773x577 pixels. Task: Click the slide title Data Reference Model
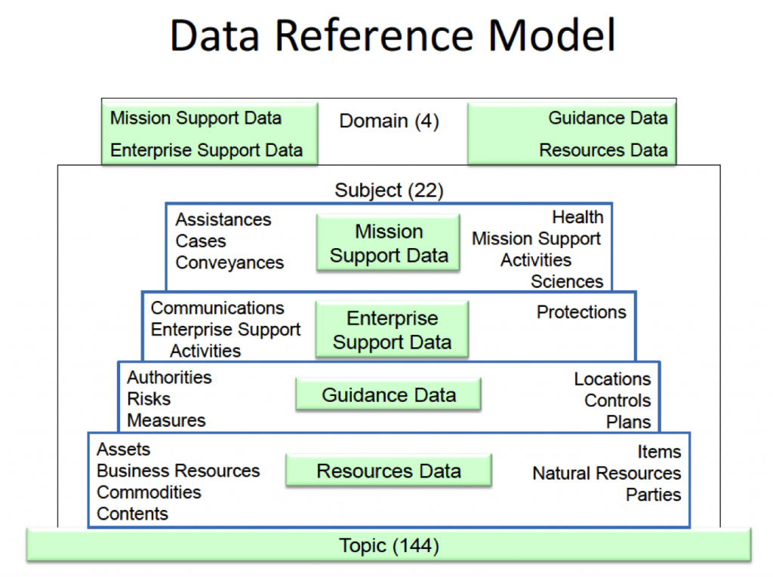392,35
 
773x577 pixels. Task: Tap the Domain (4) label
389,121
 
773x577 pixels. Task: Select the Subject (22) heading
389,191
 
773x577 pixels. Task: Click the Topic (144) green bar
389,545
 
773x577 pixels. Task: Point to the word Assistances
223,219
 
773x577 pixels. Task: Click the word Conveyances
229,262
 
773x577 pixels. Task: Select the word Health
577,217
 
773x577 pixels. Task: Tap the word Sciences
567,281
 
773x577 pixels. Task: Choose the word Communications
217,308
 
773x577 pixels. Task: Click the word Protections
581,312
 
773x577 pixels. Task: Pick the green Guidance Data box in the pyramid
388,395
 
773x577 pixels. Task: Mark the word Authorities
169,377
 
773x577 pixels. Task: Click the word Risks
149,399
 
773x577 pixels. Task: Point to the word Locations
612,379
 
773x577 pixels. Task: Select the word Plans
628,422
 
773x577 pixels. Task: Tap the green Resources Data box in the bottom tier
388,471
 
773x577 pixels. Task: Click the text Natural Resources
606,473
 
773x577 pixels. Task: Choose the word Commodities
149,493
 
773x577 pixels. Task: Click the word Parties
653,495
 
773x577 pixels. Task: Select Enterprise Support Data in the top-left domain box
206,150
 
